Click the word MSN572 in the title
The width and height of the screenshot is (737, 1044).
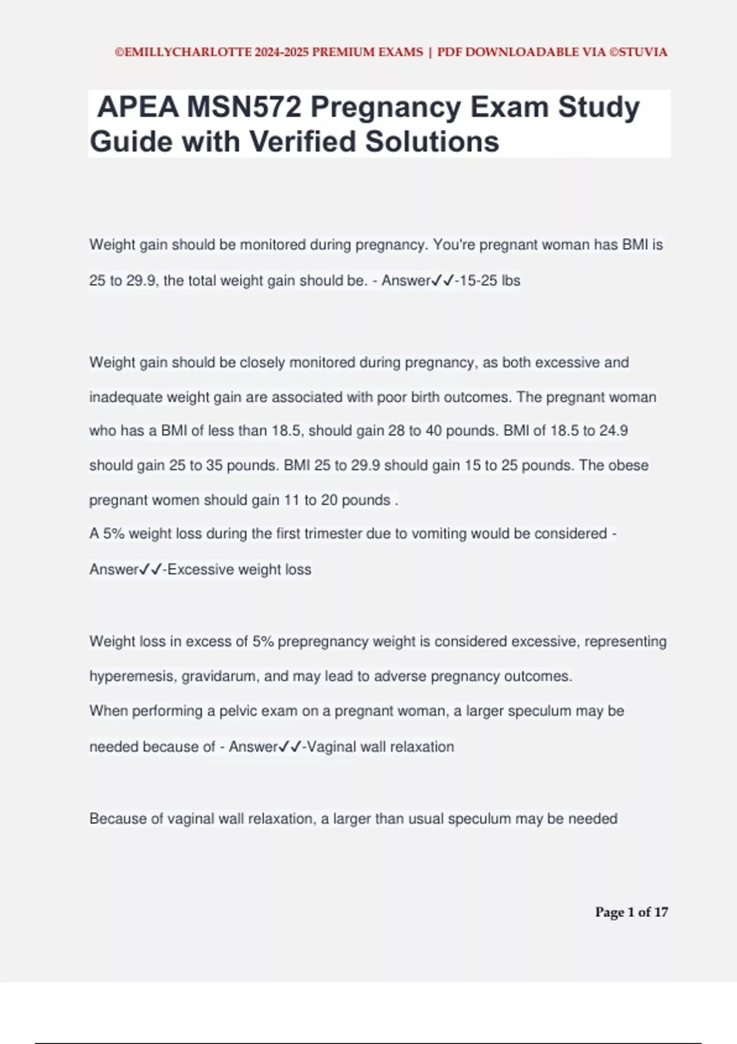[x=244, y=107]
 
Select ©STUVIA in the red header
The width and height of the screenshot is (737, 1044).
[x=638, y=52]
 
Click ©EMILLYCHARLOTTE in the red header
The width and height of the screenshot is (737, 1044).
[x=183, y=52]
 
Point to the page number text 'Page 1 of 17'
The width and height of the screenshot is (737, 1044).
[x=631, y=912]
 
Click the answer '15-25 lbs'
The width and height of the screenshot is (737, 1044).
[x=489, y=281]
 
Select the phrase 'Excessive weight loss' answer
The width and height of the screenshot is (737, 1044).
[x=240, y=569]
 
